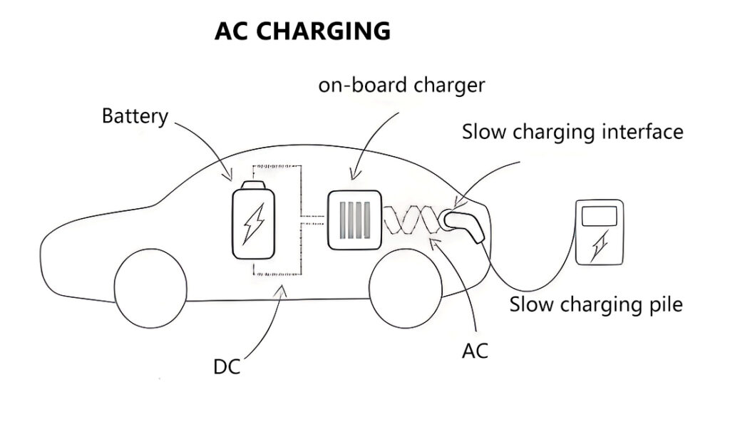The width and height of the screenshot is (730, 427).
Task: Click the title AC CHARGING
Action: point(302,32)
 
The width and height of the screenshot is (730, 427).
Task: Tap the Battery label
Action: point(135,115)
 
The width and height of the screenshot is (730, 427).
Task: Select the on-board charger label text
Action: point(401,85)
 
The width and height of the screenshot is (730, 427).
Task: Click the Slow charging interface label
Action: point(572,132)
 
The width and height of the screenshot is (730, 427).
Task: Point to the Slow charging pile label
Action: point(596,304)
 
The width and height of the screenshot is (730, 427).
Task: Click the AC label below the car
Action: point(475,350)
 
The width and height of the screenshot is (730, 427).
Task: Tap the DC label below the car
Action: point(227,368)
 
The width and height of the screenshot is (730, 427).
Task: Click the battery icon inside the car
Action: point(254,222)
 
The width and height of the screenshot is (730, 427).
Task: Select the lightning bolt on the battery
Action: point(254,225)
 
